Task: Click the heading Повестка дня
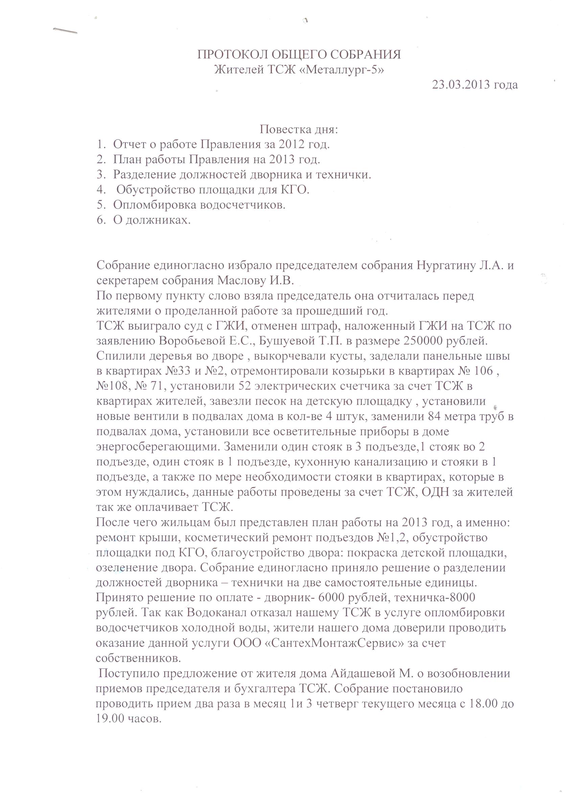tap(299, 130)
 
